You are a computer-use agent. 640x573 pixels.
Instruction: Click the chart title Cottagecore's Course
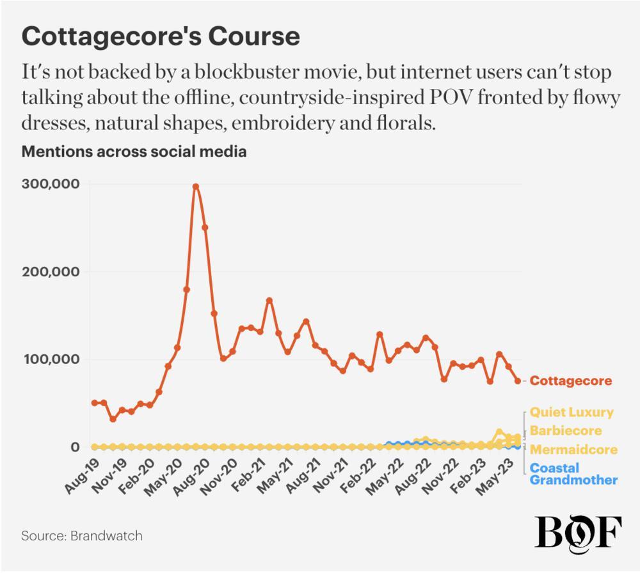(x=161, y=36)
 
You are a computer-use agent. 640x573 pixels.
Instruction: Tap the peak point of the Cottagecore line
(x=196, y=187)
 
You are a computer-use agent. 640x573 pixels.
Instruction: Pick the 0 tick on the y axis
(x=76, y=447)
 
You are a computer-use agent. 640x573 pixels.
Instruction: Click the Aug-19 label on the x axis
(x=81, y=476)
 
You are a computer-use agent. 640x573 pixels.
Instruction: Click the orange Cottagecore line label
(x=571, y=381)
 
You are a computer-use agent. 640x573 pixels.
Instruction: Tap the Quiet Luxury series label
(x=572, y=412)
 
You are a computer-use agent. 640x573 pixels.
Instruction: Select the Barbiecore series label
(x=566, y=430)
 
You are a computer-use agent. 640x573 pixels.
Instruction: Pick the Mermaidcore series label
(x=573, y=450)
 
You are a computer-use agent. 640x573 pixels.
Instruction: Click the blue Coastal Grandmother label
(x=573, y=474)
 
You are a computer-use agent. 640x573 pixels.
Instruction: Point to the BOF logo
(x=578, y=530)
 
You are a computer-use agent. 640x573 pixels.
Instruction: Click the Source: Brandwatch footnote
(x=82, y=535)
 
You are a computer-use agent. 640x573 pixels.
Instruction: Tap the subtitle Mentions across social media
(x=134, y=152)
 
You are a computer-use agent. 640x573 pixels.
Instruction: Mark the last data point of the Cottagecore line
(x=518, y=381)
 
